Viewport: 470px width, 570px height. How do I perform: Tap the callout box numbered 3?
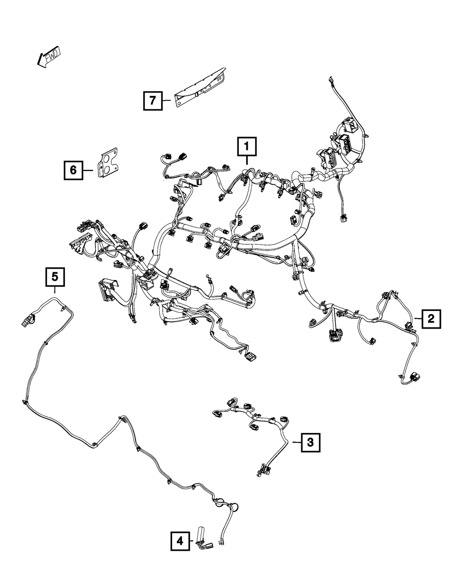311,442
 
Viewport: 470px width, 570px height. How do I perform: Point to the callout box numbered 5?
55,277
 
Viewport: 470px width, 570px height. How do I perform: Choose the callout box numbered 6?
74,170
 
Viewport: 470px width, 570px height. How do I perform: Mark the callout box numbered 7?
153,100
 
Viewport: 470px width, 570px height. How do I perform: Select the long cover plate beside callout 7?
200,87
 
